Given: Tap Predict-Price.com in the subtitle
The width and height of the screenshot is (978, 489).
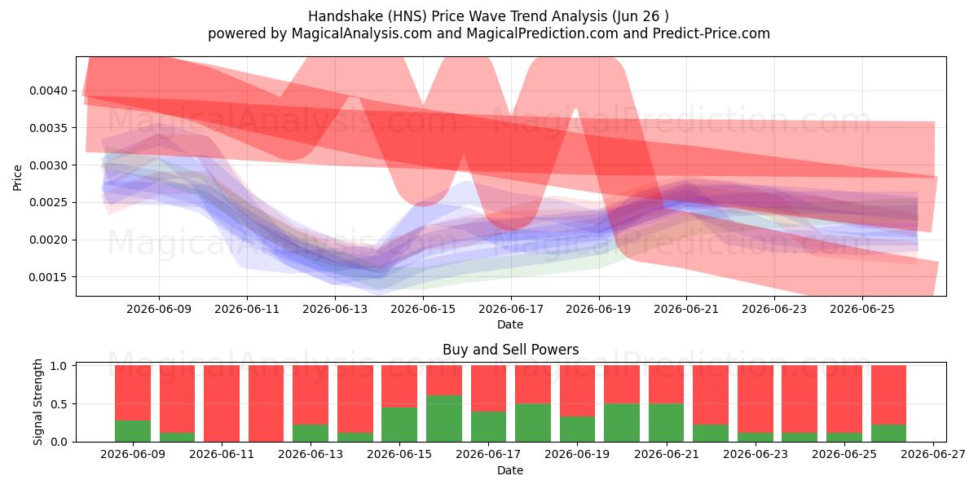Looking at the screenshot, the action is (x=711, y=33).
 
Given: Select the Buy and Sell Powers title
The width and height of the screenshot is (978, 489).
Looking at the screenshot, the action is (x=510, y=350).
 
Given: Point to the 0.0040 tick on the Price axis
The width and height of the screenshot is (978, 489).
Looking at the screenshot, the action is (x=49, y=90).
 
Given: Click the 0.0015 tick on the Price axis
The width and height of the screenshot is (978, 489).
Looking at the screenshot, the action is (x=49, y=277).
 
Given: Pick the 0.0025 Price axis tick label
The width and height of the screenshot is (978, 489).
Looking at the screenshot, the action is (x=49, y=203).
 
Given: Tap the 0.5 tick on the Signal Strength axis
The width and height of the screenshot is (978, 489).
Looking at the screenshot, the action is (x=59, y=404).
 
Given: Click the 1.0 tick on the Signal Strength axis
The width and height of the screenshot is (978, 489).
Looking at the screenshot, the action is (x=59, y=366).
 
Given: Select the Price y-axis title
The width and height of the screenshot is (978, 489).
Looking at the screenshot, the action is (x=17, y=178).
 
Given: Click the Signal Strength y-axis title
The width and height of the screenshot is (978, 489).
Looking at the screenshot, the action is (x=38, y=402).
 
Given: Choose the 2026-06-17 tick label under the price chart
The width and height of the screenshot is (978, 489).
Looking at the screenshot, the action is (x=511, y=309).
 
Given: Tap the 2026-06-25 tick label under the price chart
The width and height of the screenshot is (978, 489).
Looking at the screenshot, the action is (x=862, y=309).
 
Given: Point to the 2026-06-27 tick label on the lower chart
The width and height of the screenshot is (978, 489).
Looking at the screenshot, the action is (x=933, y=454).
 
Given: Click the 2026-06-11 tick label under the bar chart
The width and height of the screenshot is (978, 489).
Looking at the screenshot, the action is (x=222, y=454).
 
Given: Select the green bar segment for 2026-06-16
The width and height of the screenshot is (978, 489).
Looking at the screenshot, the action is (x=444, y=418).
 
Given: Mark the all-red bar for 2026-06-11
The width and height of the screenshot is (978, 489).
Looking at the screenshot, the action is (x=222, y=403).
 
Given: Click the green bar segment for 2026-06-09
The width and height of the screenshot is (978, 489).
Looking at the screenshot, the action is (x=133, y=431).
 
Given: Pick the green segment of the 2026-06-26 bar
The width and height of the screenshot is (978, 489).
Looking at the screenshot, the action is (x=888, y=433).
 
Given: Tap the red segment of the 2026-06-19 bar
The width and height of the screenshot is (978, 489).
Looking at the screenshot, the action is (x=577, y=390).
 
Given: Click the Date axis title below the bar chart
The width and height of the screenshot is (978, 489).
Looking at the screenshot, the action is (x=510, y=470).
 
